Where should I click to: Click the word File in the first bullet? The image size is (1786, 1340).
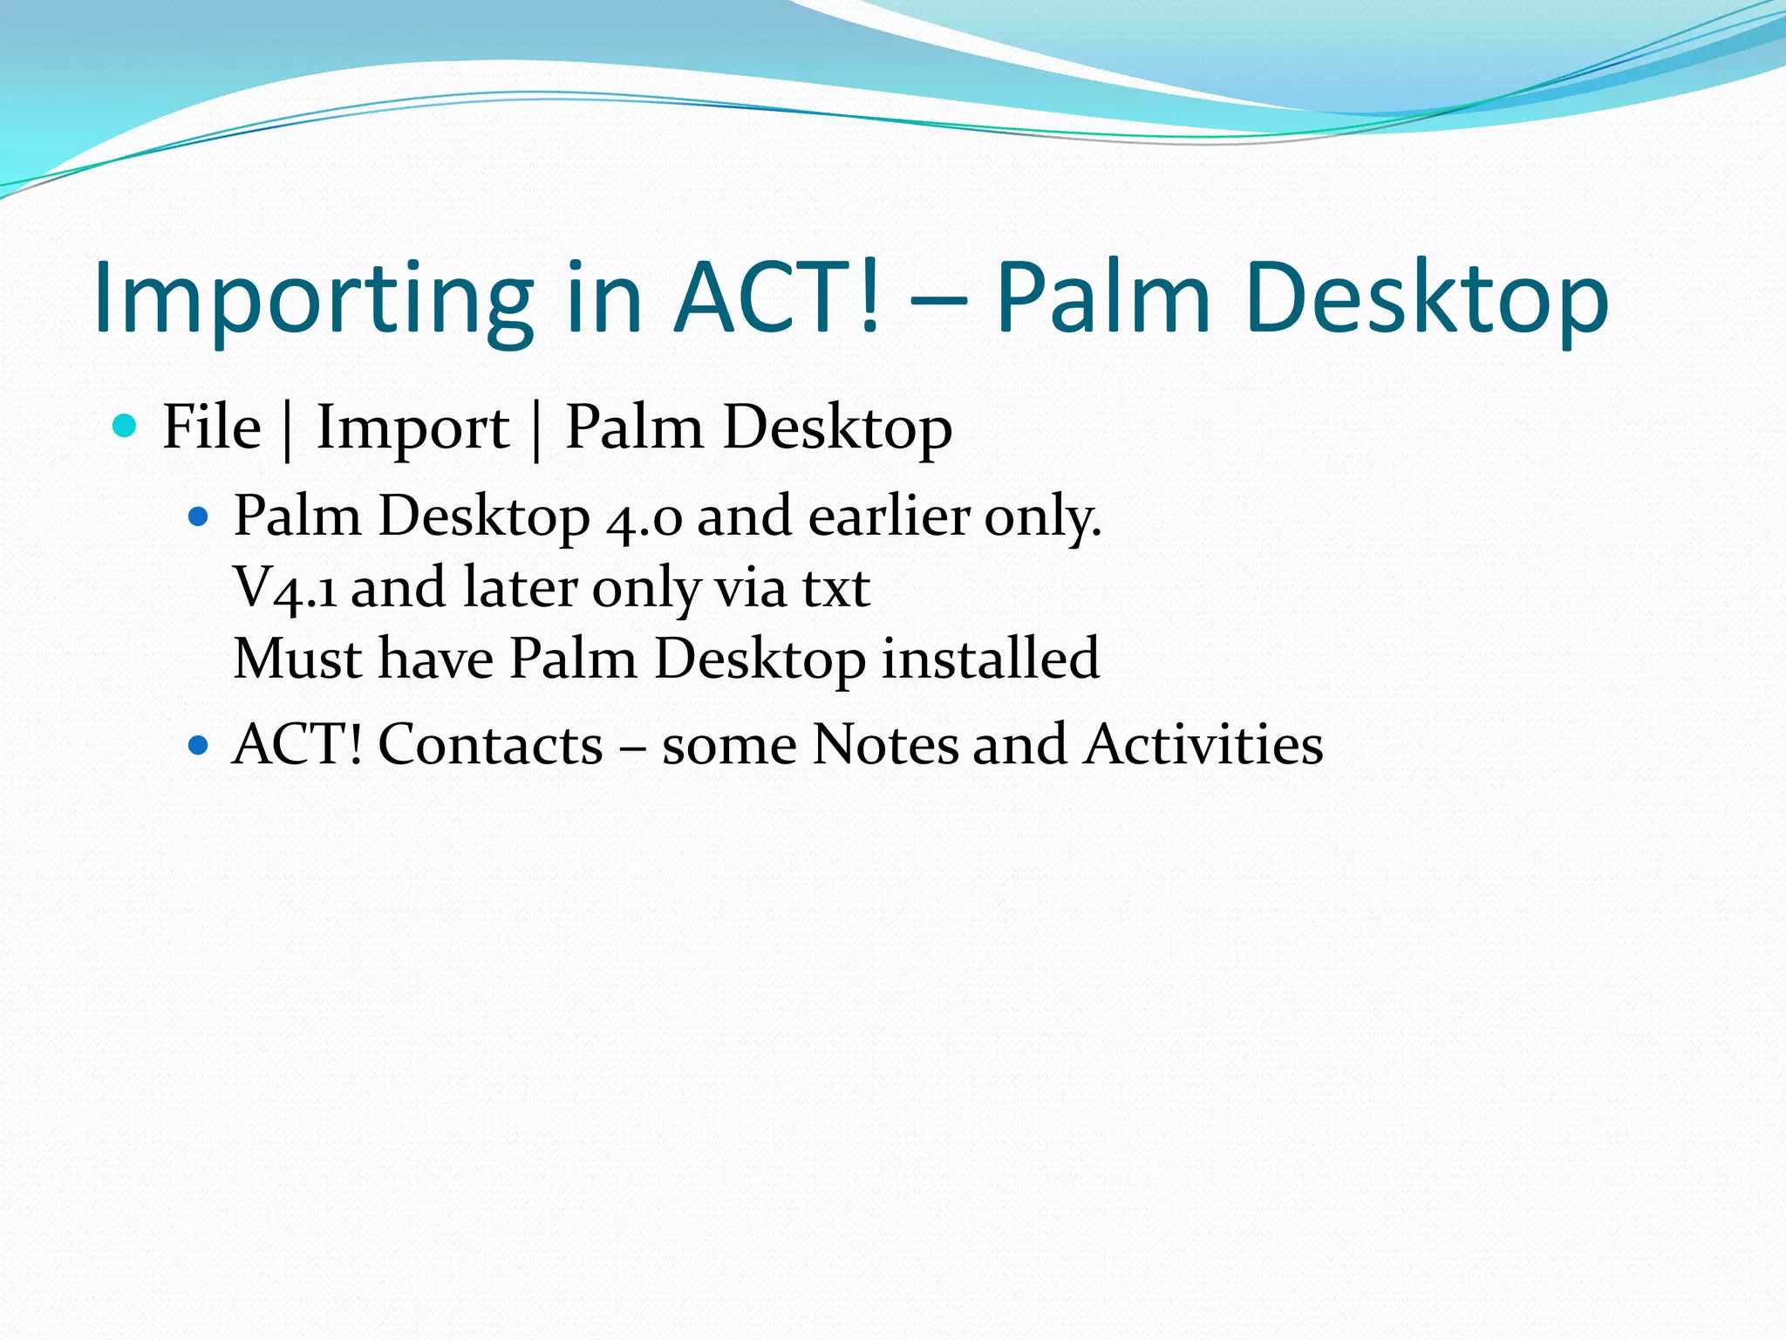click(212, 427)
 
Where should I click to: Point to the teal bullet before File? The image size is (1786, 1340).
click(126, 426)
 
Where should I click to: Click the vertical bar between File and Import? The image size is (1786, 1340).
click(288, 429)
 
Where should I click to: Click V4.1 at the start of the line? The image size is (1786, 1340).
click(285, 588)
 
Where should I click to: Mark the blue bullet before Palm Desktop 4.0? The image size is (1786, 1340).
click(199, 517)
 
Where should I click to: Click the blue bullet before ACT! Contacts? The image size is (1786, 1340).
click(199, 745)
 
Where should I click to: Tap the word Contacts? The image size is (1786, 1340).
click(490, 745)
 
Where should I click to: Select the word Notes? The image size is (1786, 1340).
click(884, 745)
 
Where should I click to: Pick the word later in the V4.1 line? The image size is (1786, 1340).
click(521, 588)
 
